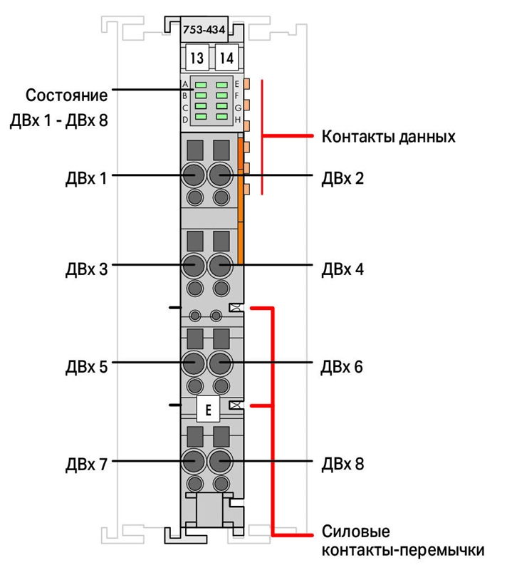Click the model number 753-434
coord(204,30)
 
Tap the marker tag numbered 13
coord(197,58)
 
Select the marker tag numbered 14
coord(226,58)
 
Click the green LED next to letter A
coord(201,85)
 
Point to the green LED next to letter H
coord(221,117)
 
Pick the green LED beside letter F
coord(221,95)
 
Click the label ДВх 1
coord(86,179)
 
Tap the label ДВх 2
coord(343,179)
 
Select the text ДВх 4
coord(343,269)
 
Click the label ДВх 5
coord(86,367)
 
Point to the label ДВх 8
coord(343,465)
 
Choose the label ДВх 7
coord(86,465)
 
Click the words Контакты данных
coord(389,137)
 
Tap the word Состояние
coord(66,95)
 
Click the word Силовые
coord(356,532)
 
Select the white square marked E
coord(208,410)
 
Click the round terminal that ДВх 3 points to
coord(193,266)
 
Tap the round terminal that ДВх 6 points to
coord(220,363)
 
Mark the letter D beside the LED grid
coord(185,119)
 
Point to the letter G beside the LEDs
coord(238,108)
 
